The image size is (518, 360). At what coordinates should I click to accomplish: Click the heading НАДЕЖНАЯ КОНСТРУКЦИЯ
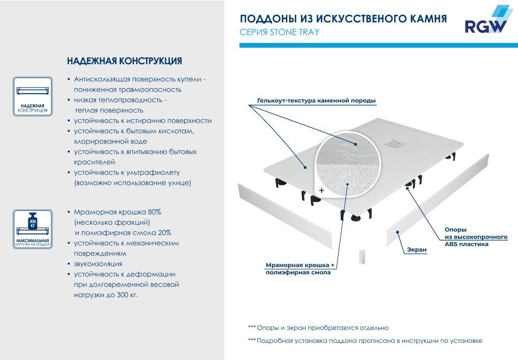pyautogui.click(x=124, y=61)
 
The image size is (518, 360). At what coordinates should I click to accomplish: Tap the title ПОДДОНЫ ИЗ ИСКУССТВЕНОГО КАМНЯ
pyautogui.click(x=343, y=19)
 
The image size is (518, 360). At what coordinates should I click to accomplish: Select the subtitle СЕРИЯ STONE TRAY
pyautogui.click(x=279, y=32)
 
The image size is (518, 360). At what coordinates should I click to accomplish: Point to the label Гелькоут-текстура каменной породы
pyautogui.click(x=316, y=100)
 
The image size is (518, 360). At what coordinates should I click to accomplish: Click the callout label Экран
pyautogui.click(x=416, y=250)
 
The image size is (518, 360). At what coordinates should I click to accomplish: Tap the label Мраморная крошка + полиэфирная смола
pyautogui.click(x=301, y=268)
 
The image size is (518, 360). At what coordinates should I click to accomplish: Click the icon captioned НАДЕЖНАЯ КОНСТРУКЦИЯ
pyautogui.click(x=33, y=93)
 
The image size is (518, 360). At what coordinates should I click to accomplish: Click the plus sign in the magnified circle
pyautogui.click(x=321, y=191)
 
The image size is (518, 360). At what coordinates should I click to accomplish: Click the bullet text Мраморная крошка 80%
pyautogui.click(x=117, y=212)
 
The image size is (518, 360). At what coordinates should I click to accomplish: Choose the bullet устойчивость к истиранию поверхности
pyautogui.click(x=142, y=121)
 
